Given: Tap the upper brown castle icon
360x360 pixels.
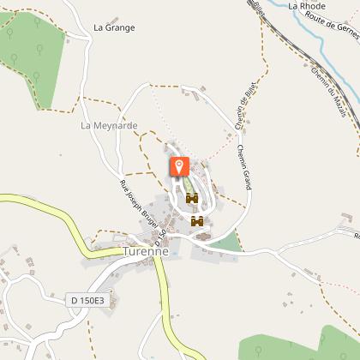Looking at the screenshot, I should point(192,198).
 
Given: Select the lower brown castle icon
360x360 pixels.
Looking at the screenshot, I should point(198,221).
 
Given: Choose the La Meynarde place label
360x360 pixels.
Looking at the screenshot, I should point(109,125).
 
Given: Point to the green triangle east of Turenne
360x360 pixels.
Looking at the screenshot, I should point(228,242).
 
